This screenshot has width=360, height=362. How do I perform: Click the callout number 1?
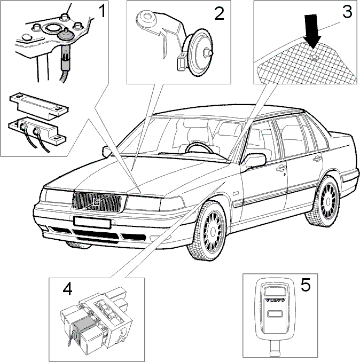coord(102,11)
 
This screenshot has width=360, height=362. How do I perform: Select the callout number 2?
coord(219,13)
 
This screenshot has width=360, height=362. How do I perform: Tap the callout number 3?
coord(348,11)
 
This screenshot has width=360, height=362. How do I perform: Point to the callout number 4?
coord(67,289)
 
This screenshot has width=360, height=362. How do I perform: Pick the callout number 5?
coord(306,285)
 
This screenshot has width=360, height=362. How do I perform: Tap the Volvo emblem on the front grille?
coord(96,202)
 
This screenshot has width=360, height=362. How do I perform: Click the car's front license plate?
coord(92,222)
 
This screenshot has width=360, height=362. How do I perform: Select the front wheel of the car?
coord(208,231)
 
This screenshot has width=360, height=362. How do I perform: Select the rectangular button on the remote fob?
coord(275,314)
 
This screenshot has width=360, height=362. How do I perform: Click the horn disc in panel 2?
coord(200,53)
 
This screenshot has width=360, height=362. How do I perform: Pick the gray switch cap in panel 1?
coord(65,35)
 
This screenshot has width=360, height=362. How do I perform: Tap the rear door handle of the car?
coord(317,159)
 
